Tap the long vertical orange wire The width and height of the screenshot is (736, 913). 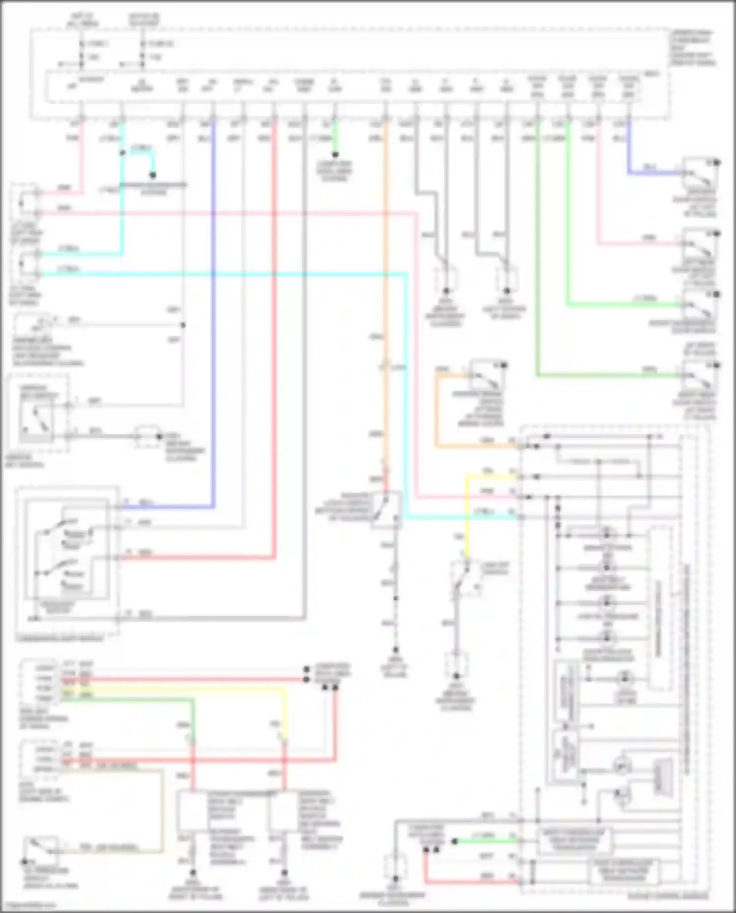point(385,294)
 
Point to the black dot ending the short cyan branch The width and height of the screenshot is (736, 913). point(153,175)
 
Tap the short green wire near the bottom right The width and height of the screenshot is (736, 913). point(486,841)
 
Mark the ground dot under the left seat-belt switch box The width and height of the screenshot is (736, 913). point(193,873)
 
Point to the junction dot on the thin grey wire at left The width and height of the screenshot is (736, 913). point(183,325)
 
